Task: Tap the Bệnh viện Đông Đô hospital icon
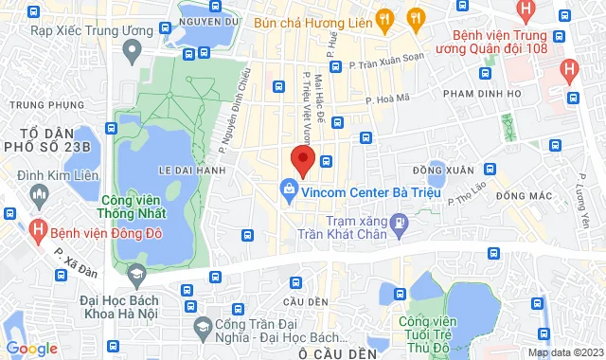[x=39, y=229]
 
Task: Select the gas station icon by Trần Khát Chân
[x=400, y=225]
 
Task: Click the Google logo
[x=31, y=348]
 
